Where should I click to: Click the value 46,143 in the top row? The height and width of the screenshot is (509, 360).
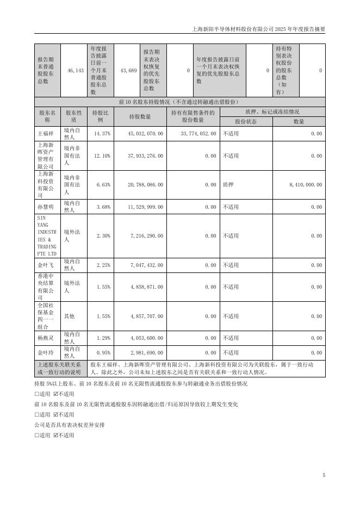click(x=76, y=71)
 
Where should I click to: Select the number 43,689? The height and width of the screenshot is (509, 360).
click(x=128, y=71)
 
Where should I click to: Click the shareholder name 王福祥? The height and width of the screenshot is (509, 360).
click(x=43, y=133)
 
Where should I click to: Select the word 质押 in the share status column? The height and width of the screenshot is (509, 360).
click(x=228, y=185)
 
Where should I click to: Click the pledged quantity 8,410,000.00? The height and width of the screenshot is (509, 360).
click(x=306, y=185)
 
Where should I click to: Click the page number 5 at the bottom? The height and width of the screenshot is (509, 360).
click(x=324, y=475)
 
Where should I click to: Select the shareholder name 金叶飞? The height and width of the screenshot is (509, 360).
click(x=43, y=265)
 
